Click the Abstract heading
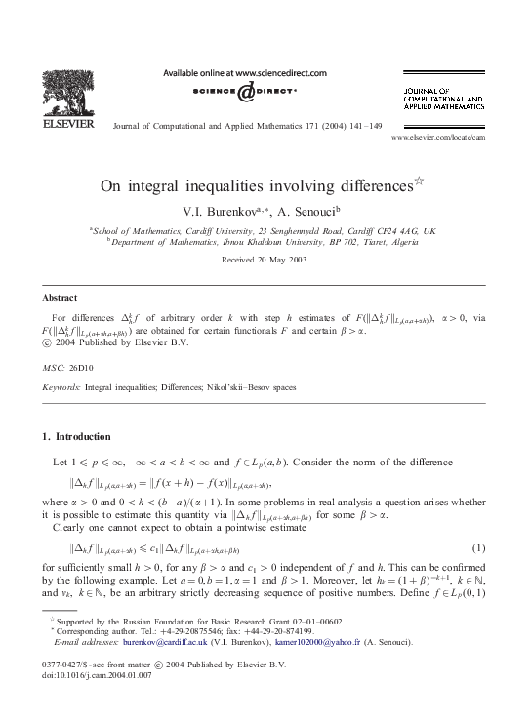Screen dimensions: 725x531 (61, 298)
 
